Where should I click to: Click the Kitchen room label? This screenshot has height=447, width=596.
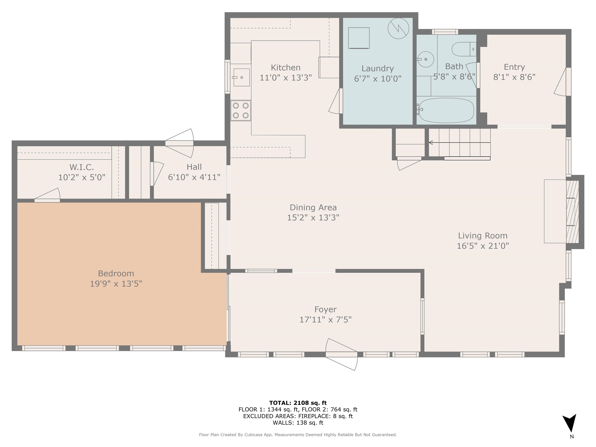(285, 67)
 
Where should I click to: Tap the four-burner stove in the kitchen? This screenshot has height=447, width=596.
(241, 110)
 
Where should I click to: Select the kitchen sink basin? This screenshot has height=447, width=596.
(241, 77)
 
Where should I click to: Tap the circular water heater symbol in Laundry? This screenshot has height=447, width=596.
(398, 28)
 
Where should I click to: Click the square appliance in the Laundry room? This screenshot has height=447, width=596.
(359, 38)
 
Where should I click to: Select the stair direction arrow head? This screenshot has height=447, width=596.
(431, 143)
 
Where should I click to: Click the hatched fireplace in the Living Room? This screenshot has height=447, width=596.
(572, 212)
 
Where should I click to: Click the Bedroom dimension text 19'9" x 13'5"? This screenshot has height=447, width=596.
(116, 284)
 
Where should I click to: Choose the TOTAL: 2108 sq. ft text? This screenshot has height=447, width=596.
(298, 403)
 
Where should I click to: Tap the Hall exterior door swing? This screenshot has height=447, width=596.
(179, 143)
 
